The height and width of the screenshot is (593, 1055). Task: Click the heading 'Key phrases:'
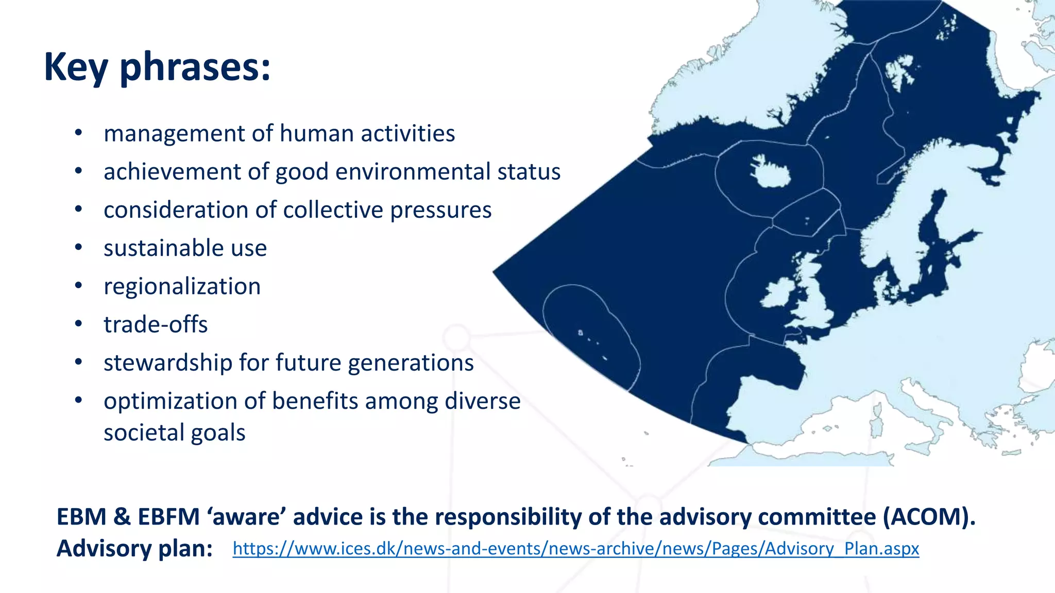pyautogui.click(x=157, y=67)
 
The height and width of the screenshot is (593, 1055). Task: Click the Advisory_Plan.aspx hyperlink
pyautogui.click(x=575, y=549)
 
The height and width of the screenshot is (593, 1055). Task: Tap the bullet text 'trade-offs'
pyautogui.click(x=156, y=325)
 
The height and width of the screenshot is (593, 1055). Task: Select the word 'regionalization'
pyautogui.click(x=182, y=287)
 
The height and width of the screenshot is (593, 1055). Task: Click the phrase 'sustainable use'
pyautogui.click(x=185, y=249)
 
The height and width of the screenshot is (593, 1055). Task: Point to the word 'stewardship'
pyautogui.click(x=168, y=363)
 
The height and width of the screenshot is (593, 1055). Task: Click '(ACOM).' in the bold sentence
pyautogui.click(x=929, y=517)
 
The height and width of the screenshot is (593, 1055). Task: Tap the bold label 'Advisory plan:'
pyautogui.click(x=134, y=549)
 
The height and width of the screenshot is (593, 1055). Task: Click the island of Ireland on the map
pyautogui.click(x=779, y=293)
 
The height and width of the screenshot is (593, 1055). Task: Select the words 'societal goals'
pyautogui.click(x=174, y=433)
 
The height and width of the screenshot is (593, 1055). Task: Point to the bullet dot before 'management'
pyautogui.click(x=78, y=133)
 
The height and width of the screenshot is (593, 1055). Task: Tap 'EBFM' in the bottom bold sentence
pyautogui.click(x=168, y=517)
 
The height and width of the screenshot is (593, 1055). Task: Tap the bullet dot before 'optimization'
pyautogui.click(x=78, y=400)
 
